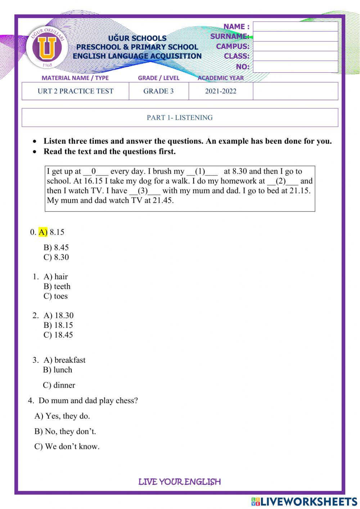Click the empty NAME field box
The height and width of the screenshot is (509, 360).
click(x=295, y=27)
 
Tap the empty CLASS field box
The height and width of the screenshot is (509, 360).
click(x=295, y=56)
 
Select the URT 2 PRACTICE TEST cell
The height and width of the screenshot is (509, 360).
click(x=76, y=91)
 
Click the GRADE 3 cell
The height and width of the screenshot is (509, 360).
click(x=158, y=91)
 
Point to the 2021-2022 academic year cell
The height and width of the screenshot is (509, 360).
click(x=221, y=91)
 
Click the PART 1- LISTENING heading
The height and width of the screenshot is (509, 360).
click(x=180, y=117)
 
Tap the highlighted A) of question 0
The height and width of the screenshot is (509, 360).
click(x=43, y=232)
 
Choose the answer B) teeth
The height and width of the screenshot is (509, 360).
click(x=57, y=286)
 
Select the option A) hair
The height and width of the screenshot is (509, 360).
click(x=55, y=277)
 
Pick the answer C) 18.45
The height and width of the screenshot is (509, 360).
click(x=58, y=335)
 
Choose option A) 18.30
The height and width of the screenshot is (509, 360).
click(x=58, y=316)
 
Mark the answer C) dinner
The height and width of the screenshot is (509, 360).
click(x=59, y=385)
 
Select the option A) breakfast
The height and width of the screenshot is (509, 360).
click(x=64, y=360)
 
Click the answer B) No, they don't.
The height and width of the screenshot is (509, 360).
click(x=65, y=431)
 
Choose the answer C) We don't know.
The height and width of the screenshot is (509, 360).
click(x=67, y=447)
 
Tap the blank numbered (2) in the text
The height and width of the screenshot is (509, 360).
click(x=282, y=181)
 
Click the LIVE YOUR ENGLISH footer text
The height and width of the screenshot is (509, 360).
click(x=180, y=482)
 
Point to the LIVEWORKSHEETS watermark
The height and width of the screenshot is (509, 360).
click(x=304, y=501)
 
